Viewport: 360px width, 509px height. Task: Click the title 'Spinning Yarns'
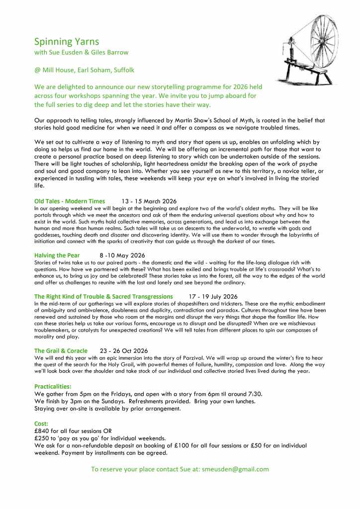66,42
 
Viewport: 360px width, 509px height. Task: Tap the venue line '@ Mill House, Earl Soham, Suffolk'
84,70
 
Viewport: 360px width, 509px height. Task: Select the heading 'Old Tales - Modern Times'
70,201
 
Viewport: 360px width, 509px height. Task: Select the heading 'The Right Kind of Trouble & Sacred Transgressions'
103,296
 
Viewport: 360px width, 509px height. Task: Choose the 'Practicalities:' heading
53,386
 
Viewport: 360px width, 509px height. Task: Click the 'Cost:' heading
41,424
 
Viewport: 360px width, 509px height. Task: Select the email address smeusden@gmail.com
235,469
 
